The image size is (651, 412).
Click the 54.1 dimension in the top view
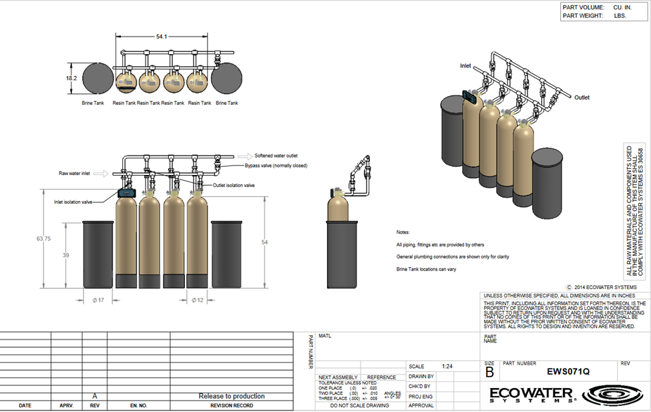point(161,37)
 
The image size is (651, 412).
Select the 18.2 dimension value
point(71,78)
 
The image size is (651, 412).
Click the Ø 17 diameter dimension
point(98,300)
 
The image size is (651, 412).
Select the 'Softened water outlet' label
point(276,155)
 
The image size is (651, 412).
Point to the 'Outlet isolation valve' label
point(234,185)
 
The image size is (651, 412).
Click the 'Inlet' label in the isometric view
point(465,66)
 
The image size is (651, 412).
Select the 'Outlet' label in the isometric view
point(582,97)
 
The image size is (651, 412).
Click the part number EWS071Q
point(568,371)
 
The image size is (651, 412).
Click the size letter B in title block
point(489,373)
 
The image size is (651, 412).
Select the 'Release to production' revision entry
point(231,396)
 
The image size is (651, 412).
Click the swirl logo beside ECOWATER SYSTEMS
point(612,395)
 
